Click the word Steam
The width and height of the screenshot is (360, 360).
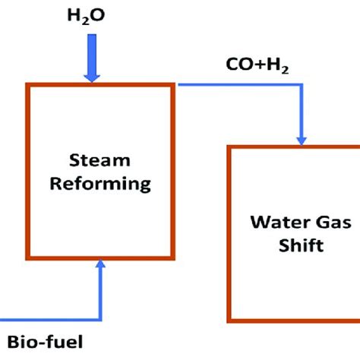pos(101,161)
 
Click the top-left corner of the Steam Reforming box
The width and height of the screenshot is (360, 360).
pos(29,84)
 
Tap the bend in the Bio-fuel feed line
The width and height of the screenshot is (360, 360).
pos(101,317)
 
